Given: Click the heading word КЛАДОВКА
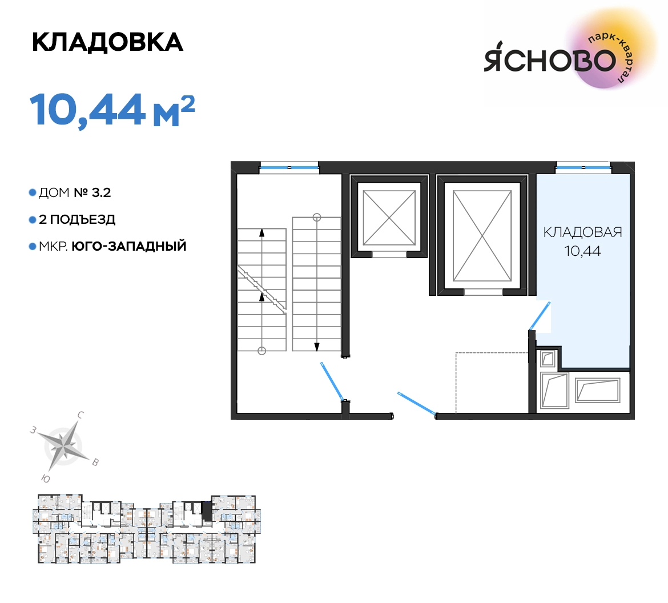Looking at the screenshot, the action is click(107, 42).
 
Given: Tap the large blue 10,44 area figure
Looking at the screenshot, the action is click(88, 110).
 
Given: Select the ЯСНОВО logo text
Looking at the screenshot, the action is click(550, 60).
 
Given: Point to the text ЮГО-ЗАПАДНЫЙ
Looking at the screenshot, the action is click(128, 246).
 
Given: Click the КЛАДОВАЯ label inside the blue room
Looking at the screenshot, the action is click(582, 232).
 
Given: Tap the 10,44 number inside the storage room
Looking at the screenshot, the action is click(582, 251).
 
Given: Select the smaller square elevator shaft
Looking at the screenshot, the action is click(389, 218).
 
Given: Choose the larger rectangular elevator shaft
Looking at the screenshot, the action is click(482, 235).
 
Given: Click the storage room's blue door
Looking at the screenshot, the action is click(540, 316).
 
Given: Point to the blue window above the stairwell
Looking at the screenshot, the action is click(289, 167).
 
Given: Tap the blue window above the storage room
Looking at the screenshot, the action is click(584, 167).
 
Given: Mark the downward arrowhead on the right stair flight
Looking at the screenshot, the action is click(316, 347).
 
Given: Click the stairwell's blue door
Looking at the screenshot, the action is click(332, 381).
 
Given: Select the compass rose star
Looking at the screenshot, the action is click(64, 446).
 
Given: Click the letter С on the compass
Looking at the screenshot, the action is click(81, 415).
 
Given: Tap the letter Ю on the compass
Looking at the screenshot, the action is click(46, 479).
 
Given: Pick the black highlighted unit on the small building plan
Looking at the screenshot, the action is click(207, 511).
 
